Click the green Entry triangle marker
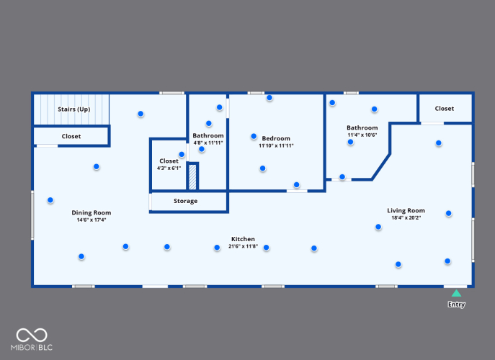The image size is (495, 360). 456,294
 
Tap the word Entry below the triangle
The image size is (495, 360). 457,305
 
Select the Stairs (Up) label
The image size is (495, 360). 74,109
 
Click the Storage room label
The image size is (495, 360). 186,201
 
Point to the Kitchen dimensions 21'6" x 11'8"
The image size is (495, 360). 243,246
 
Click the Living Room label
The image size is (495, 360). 406,210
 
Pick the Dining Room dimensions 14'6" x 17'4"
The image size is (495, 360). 92,220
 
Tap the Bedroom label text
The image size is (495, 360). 276,138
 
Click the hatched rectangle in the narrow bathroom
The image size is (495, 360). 192,177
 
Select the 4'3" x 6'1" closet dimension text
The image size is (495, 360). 169,168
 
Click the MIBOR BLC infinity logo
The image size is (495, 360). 32,335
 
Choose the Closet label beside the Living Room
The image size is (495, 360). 445,109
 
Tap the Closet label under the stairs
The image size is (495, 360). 71,136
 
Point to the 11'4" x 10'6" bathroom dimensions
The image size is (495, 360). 362,135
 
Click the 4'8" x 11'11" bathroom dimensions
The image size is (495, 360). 208,143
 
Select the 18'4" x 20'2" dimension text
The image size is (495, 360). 406,217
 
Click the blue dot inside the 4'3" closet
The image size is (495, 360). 182,155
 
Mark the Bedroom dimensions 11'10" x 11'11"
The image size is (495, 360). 276,145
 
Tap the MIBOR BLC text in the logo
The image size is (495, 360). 32,347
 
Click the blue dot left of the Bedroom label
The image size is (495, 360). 254,136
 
